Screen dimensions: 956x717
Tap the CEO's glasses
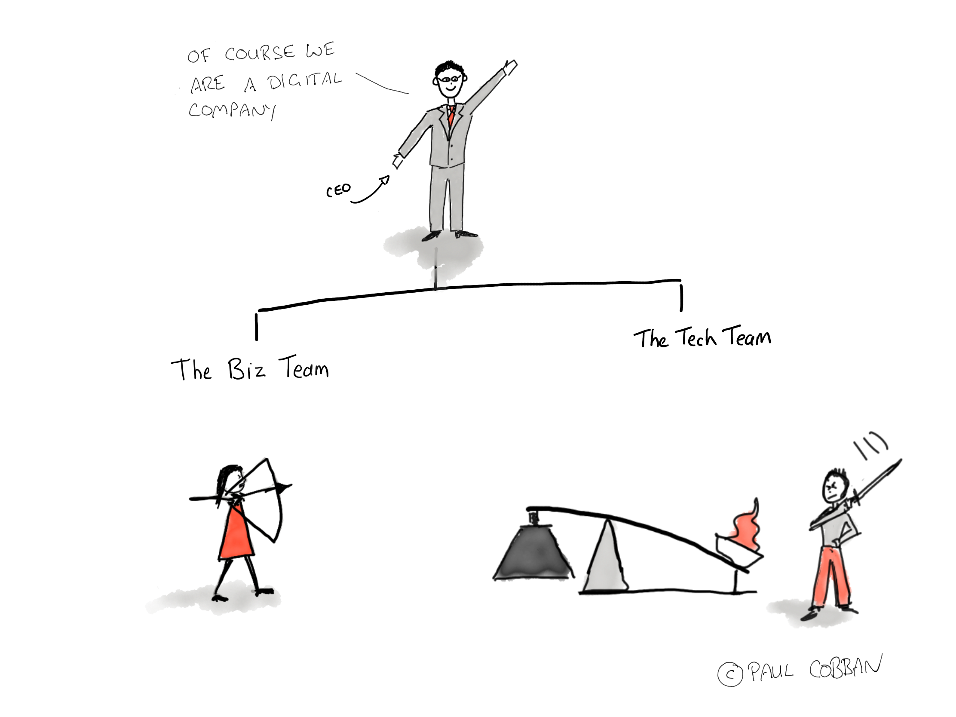(450, 79)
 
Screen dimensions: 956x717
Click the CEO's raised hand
(510, 67)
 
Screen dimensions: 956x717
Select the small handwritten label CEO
(338, 190)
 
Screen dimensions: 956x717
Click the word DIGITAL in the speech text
(304, 81)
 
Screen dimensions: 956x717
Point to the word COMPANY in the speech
(232, 110)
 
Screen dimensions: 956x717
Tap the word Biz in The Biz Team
(246, 370)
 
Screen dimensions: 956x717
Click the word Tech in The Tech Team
(696, 337)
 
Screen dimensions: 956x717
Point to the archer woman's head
(231, 479)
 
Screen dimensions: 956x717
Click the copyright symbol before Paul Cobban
(730, 674)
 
